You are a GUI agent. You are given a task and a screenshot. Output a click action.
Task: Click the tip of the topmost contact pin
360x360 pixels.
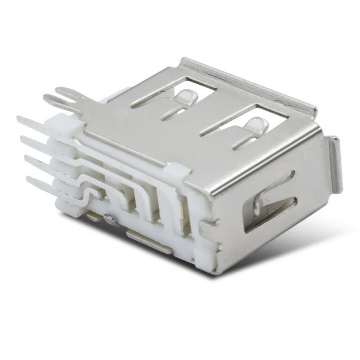click(19, 119)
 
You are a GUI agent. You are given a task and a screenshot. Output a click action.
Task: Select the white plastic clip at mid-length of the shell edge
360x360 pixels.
click(176, 171)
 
